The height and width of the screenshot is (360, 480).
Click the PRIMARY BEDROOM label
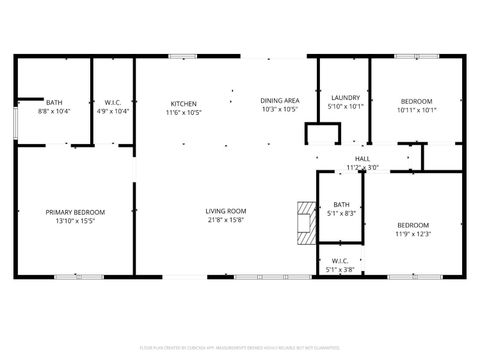[75, 212]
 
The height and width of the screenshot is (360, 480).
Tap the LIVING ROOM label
[226, 211]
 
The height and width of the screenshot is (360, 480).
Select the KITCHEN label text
[183, 103]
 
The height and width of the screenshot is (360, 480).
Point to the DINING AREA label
[280, 101]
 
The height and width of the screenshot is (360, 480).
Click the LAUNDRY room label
[344, 98]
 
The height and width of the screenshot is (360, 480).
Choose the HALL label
[362, 158]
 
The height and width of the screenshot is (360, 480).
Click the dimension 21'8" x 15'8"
[226, 220]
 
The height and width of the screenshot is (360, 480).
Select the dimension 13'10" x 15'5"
[75, 221]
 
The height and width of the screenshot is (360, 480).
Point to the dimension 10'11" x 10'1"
[417, 110]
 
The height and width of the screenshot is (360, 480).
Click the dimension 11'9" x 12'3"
[412, 234]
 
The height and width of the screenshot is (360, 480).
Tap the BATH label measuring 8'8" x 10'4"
[53, 102]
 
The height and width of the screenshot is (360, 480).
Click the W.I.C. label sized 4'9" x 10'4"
[113, 102]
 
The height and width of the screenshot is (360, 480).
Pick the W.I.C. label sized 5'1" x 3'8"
[341, 261]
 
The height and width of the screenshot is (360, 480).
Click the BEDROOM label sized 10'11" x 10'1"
[417, 101]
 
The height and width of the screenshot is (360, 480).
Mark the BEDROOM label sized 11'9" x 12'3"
[412, 225]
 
